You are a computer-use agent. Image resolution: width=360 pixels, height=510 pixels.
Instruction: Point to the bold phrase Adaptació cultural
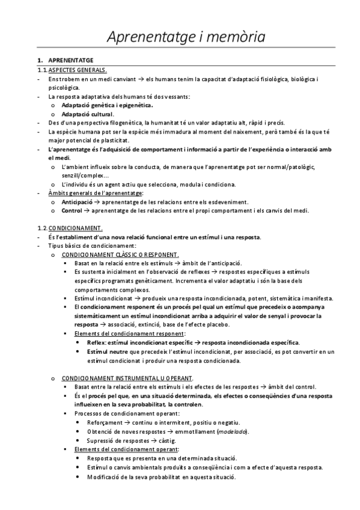[x=87, y=114]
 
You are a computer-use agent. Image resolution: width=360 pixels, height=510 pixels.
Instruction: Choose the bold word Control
[x=72, y=210]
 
